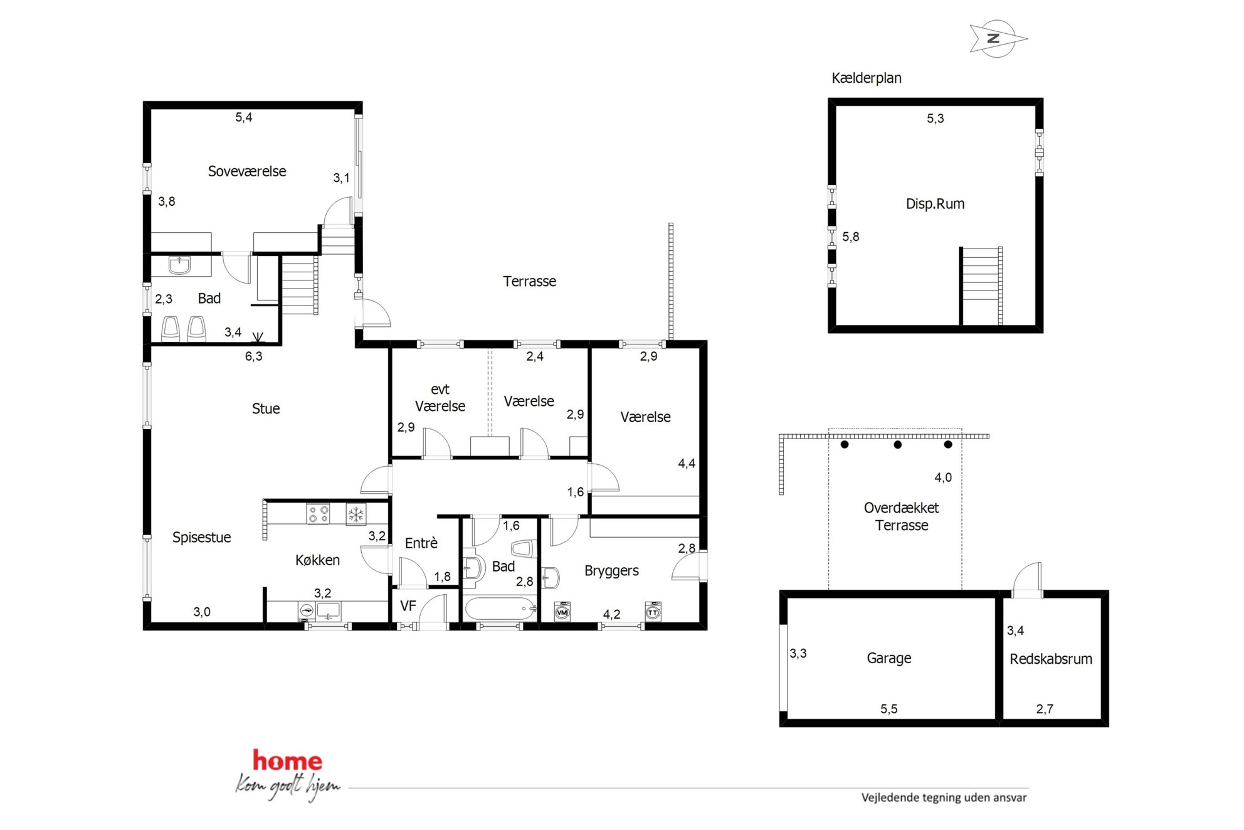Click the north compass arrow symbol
coord(997,39)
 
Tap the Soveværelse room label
coord(246,171)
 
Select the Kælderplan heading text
coord(866,78)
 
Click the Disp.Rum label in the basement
coord(935,204)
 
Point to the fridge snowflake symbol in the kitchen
coord(356,514)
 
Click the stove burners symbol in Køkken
coord(318,514)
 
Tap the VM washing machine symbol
coord(562,612)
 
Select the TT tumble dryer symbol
coord(653,612)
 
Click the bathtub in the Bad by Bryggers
coord(500,609)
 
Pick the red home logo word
coord(287,760)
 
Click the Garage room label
coord(888,658)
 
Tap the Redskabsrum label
coord(1050,659)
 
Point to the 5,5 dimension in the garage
coord(888,709)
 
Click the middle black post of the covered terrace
coord(897,445)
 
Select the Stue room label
coord(265,409)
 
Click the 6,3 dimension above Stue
coord(253,356)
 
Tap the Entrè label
coord(421,543)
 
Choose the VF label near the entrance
coord(408,606)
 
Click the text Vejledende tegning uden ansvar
coord(944,798)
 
